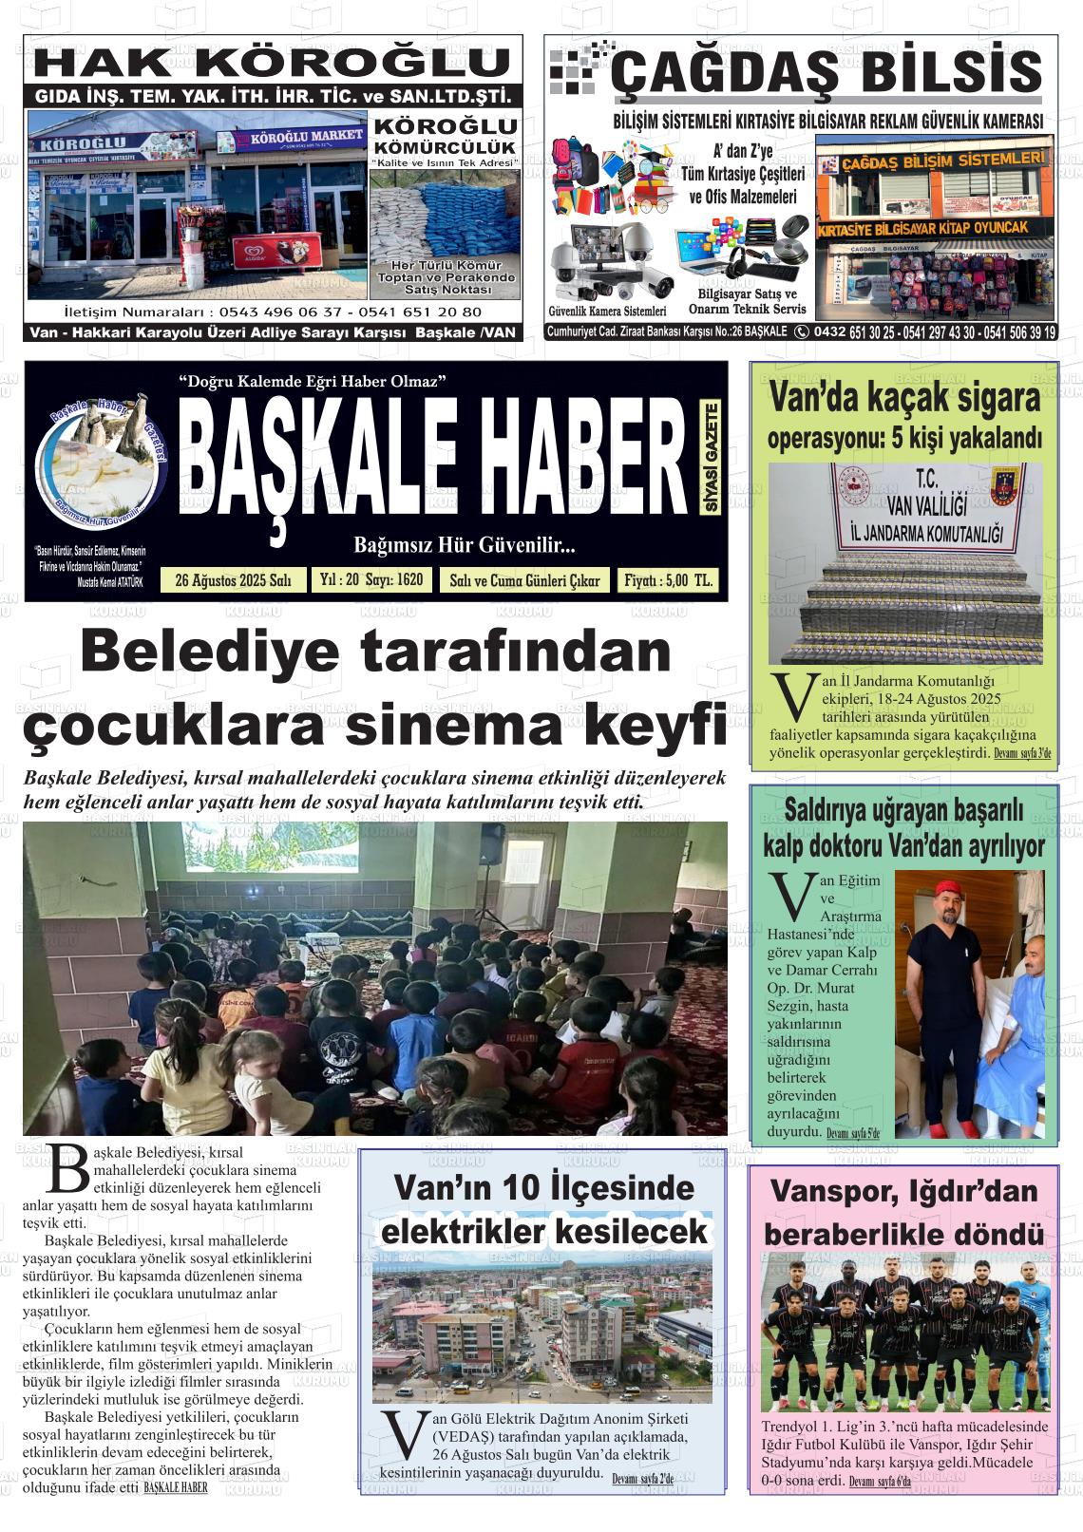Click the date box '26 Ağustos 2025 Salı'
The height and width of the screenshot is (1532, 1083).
click(234, 580)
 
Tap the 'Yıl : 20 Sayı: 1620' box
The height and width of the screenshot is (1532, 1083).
click(371, 579)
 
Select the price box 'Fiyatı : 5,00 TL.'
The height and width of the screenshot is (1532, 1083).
click(668, 580)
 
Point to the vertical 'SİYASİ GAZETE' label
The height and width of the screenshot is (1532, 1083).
click(711, 458)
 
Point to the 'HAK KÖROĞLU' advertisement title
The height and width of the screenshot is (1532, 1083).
click(275, 63)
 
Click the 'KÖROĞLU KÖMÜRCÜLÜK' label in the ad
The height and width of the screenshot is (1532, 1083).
click(445, 137)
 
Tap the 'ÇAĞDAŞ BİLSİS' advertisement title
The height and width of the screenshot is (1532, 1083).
click(826, 72)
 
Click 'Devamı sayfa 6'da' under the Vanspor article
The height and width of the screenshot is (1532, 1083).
click(879, 1482)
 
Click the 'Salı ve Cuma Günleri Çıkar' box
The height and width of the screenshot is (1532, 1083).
click(524, 580)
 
